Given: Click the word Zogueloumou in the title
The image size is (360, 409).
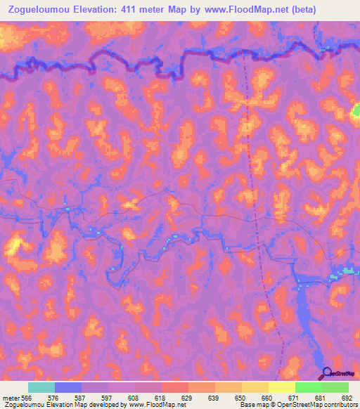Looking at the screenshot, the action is tap(34, 10).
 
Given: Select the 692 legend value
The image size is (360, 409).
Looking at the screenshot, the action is tap(347, 398).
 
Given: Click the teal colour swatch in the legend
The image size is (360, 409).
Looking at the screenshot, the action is tap(41, 387).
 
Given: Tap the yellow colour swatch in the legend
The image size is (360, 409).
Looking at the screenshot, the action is tap(281, 387).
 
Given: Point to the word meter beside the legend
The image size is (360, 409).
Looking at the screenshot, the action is tap(10, 398).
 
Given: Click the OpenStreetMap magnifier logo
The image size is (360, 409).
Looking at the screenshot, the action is tap(327, 374).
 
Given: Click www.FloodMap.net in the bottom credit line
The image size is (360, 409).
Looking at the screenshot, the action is tap(155, 405).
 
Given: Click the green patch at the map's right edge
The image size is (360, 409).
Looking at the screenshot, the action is tap(356, 110).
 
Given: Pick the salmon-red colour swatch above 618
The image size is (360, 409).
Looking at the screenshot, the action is tap(175, 387).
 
